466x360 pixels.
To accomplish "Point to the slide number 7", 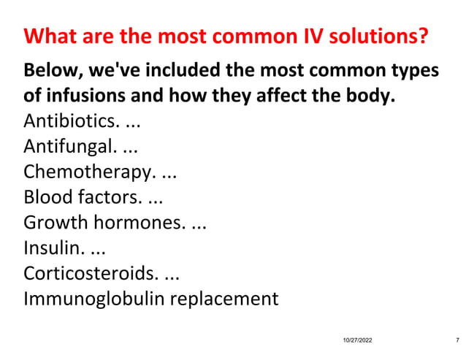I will click(457, 341).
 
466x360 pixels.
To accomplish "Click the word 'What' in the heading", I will click(48, 36).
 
